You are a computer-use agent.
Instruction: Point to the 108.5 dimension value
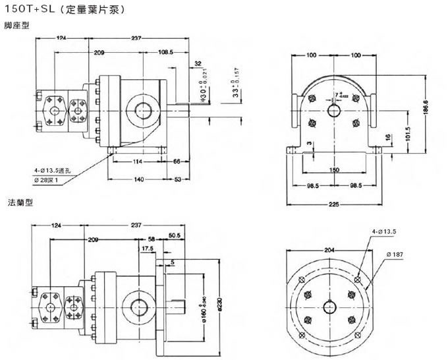tap(165, 51)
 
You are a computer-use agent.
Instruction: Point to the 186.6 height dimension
tap(426, 106)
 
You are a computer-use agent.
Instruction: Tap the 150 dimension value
tap(334, 170)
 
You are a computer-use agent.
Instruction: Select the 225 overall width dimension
tap(334, 204)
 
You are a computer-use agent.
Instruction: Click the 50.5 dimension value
tap(175, 236)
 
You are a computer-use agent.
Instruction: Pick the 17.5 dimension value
tap(148, 249)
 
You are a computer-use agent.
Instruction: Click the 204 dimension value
tap(329, 249)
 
